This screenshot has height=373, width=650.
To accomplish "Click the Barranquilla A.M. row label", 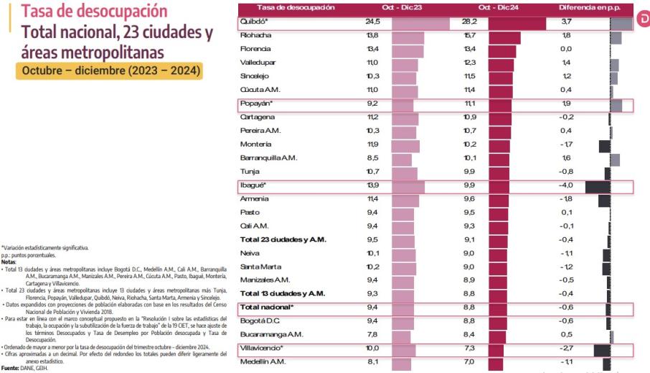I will click(268, 158).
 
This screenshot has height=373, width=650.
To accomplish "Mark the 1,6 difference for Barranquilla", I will click(567, 158).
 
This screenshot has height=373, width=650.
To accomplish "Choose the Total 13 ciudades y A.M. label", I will click(283, 293).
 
